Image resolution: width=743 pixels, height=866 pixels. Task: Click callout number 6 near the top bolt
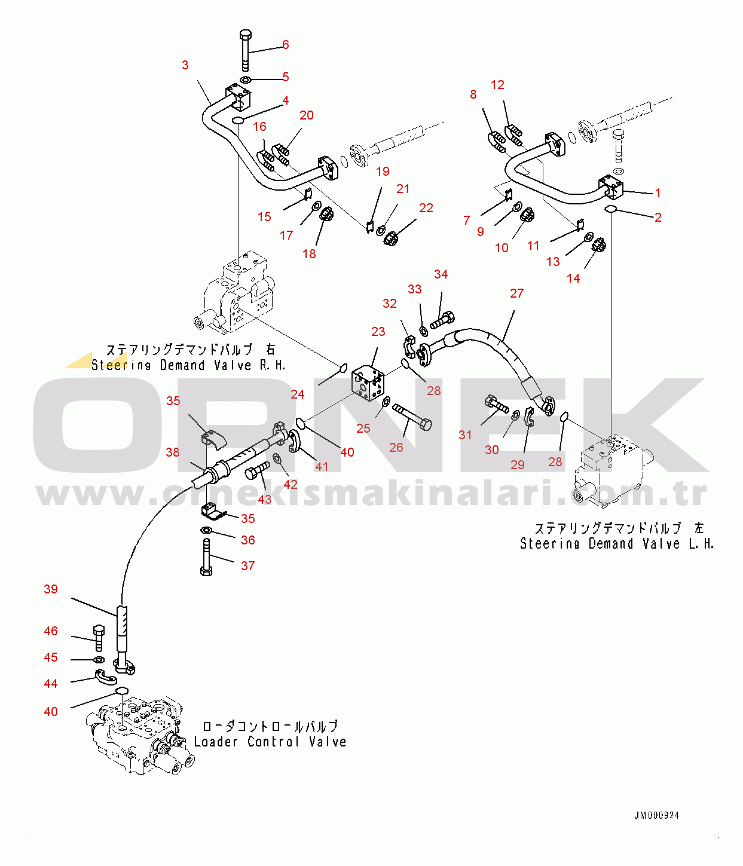tap(286, 45)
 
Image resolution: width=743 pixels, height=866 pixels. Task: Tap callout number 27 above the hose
tap(516, 293)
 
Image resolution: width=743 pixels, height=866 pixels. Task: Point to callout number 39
tap(51, 589)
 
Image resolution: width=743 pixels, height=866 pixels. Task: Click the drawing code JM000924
tap(656, 815)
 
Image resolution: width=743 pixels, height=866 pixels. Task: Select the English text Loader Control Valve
tap(270, 742)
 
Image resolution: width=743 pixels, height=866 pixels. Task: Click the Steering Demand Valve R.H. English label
tap(188, 365)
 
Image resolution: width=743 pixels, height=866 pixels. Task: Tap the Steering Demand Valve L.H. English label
tap(617, 544)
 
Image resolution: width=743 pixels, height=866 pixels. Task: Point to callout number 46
tap(51, 631)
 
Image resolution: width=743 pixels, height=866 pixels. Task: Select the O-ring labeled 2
tap(611, 208)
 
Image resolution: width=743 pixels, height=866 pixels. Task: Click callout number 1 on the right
tap(658, 193)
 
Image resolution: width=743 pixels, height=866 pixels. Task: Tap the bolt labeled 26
tap(412, 416)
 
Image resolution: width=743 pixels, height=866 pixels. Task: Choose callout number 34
tap(441, 274)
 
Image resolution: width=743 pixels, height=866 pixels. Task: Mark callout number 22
tap(426, 208)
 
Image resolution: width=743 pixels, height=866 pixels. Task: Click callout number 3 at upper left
tap(185, 65)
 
